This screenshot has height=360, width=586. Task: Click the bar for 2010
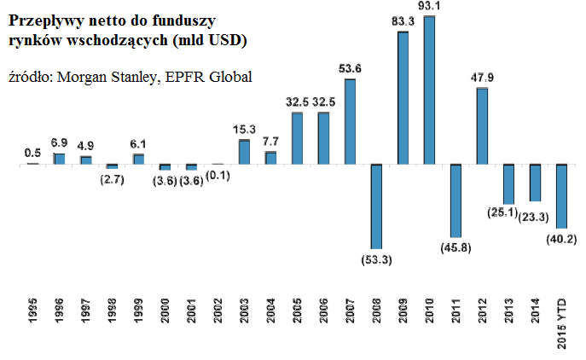pos(429,90)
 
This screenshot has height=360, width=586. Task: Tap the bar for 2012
pos(482,125)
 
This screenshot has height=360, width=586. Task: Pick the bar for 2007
pos(350,121)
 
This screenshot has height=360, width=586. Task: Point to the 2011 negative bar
pos(455,200)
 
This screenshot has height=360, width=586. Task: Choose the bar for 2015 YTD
pos(561,195)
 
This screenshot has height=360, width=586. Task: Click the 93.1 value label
pos(429,7)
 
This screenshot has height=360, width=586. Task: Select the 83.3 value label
pos(403,21)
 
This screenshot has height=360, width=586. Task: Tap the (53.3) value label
pos(376,258)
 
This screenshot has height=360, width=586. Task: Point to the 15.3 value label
pos(244,129)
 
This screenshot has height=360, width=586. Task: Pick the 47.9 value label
pos(482,77)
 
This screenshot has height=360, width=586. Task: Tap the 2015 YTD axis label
pos(561,322)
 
